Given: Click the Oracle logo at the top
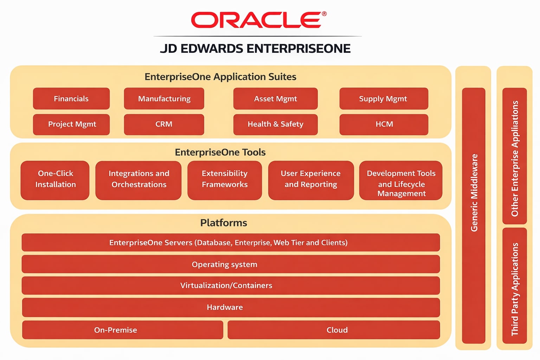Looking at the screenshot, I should pyautogui.click(x=258, y=20).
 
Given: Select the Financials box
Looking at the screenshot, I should pyautogui.click(x=71, y=99).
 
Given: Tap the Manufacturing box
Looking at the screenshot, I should pyautogui.click(x=164, y=99).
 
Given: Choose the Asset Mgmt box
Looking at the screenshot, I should pyautogui.click(x=275, y=99).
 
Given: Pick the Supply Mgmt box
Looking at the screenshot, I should pyautogui.click(x=384, y=99).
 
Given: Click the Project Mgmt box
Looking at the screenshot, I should pyautogui.click(x=71, y=124).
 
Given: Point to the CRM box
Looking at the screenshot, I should pyautogui.click(x=164, y=124).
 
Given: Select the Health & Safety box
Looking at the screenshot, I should pyautogui.click(x=275, y=124).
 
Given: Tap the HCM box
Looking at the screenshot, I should pyautogui.click(x=384, y=124).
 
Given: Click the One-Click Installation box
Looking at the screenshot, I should pyautogui.click(x=55, y=180).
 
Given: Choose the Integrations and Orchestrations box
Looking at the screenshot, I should pyautogui.click(x=139, y=180).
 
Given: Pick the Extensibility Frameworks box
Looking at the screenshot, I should pyautogui.click(x=225, y=180).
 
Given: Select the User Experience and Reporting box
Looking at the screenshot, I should pyautogui.click(x=311, y=180).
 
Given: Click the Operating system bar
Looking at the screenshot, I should pyautogui.click(x=231, y=264).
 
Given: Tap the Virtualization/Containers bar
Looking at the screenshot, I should pyautogui.click(x=231, y=285).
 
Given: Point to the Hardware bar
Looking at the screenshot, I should pyautogui.click(x=231, y=308).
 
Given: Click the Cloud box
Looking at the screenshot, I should pyautogui.click(x=334, y=330).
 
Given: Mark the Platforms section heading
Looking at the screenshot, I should pyautogui.click(x=224, y=223).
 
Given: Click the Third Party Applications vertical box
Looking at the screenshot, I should pyautogui.click(x=515, y=286).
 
